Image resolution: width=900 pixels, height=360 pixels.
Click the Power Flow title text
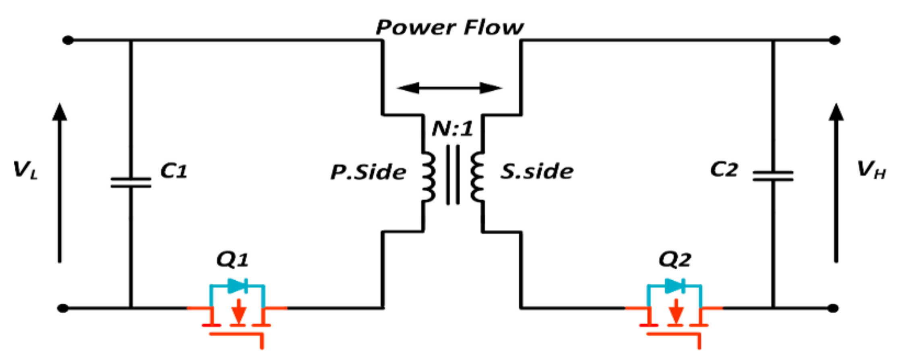449,27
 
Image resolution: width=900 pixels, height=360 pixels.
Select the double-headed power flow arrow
449,88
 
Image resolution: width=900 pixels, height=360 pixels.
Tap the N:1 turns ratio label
452,129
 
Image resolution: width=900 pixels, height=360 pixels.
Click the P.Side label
368,172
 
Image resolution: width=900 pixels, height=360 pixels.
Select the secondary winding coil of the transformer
477,176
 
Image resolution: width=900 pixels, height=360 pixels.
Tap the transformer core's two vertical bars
453,175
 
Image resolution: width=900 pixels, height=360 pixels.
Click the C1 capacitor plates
131,182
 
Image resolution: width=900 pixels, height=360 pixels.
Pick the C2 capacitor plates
773,176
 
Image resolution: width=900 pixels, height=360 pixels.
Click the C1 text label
174,171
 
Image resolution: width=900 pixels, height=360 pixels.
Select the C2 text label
724,169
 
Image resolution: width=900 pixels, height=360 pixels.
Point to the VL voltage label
25,170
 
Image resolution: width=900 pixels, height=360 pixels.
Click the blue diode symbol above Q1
238,286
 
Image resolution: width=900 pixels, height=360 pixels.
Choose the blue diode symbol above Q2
675,286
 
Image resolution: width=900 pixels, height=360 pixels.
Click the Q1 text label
232,260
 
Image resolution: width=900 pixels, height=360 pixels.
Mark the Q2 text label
674,260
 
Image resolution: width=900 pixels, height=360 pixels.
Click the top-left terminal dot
68,40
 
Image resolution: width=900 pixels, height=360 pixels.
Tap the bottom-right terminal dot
833,308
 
